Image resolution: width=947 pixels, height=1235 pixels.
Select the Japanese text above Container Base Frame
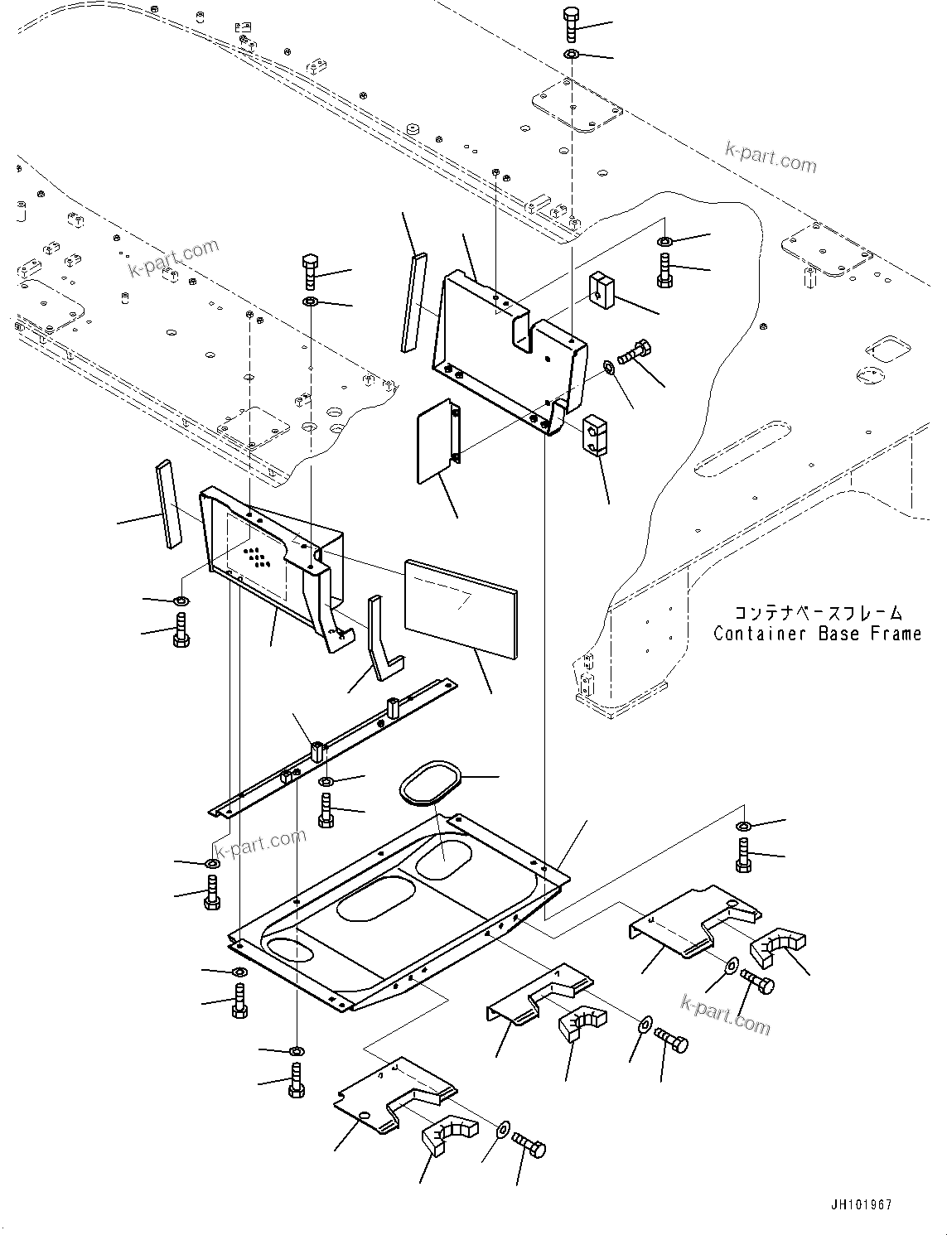(806, 614)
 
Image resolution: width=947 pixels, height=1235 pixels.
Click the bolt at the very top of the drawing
(572, 24)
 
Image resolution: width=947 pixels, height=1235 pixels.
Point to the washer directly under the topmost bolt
(572, 55)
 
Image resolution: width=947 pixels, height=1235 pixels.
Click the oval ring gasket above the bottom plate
(428, 783)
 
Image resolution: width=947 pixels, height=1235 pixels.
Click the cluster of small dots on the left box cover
(257, 557)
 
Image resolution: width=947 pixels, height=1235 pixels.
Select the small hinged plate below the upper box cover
(437, 440)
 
